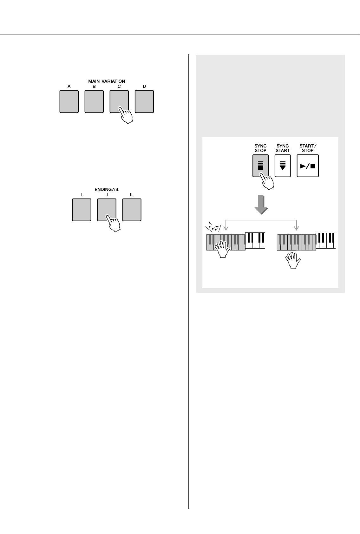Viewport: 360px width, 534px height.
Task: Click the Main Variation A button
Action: point(69,101)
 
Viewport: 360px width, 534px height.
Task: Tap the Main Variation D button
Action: point(144,101)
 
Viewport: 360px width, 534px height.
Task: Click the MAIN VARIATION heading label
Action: point(107,81)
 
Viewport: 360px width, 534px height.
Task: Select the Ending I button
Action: point(82,210)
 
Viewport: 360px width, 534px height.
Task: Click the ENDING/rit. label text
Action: point(107,190)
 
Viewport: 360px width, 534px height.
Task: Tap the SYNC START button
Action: point(283,166)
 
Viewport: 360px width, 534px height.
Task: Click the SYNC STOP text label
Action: point(261,148)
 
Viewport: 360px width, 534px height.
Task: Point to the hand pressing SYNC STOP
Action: point(266,181)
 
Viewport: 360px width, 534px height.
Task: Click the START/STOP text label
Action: point(308,148)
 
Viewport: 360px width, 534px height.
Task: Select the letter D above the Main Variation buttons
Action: point(144,86)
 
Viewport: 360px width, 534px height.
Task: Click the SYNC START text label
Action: point(283,148)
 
